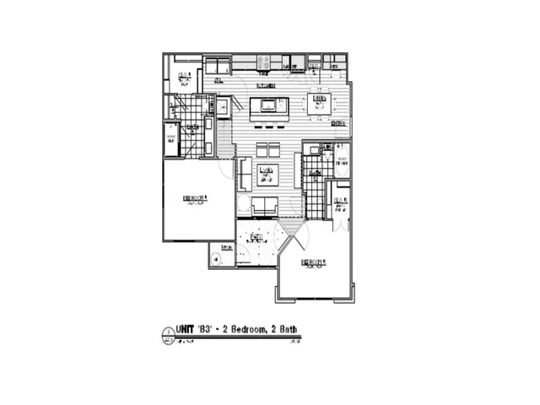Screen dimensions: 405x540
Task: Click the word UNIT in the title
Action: [185, 330]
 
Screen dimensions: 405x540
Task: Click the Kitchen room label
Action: [267, 85]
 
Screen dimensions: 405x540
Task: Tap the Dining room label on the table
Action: [319, 100]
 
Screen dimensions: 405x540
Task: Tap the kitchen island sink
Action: [271, 105]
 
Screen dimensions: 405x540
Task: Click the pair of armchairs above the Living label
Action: [268, 149]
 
